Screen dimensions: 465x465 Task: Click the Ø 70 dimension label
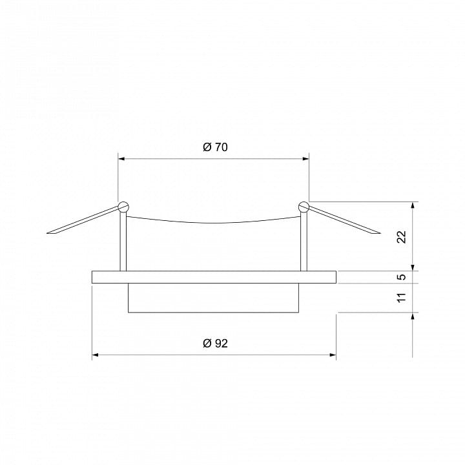point(215,147)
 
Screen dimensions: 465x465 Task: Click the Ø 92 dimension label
point(215,344)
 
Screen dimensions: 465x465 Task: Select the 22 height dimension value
point(402,236)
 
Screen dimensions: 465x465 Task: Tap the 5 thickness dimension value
point(402,277)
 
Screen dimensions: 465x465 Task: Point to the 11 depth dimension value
point(402,298)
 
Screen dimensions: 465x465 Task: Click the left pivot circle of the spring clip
point(123,207)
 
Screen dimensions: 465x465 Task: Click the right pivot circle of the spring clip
point(304,207)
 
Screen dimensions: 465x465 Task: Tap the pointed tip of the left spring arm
point(47,233)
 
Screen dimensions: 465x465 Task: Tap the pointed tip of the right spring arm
point(380,233)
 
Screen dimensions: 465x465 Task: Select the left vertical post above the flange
point(123,242)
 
